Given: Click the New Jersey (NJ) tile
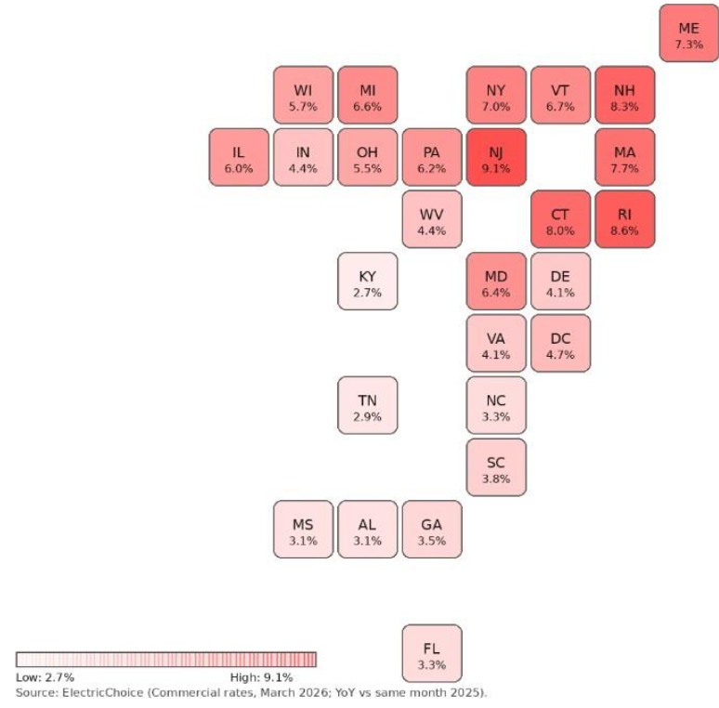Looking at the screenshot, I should pos(496,157).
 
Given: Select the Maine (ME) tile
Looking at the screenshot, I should pos(688,33).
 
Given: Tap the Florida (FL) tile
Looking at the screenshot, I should pos(432,653).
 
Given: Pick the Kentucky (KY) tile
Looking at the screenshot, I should pos(368,281).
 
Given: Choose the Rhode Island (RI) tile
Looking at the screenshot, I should pos(624,219).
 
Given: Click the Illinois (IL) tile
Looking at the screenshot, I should pos(239,157).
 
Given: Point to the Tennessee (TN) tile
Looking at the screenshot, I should pos(368,405).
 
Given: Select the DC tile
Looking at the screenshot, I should pos(560,343).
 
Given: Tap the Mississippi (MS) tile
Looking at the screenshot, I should pos(303,530).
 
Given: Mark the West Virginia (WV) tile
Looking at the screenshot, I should pos(432,219).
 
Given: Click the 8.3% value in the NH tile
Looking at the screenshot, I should pos(624,107).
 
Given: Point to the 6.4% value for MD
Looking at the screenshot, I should pos(496,293).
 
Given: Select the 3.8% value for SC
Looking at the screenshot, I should pos(496,479).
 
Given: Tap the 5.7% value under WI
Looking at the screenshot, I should pos(303,107).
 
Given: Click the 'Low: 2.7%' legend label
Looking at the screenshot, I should pos(46,677).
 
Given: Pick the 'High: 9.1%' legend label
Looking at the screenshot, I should pos(261,677).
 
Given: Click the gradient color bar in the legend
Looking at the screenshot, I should pos(166,660).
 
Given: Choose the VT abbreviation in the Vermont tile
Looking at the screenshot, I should pos(560,90).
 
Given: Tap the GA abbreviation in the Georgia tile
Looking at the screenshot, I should pos(432,525).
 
